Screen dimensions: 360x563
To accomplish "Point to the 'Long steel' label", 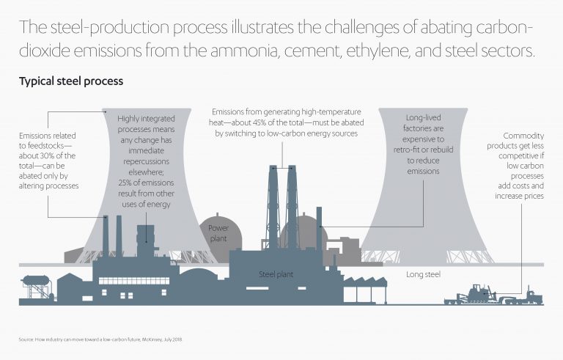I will click(x=422, y=274).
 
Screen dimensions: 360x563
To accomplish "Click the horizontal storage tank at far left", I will click(x=34, y=281).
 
